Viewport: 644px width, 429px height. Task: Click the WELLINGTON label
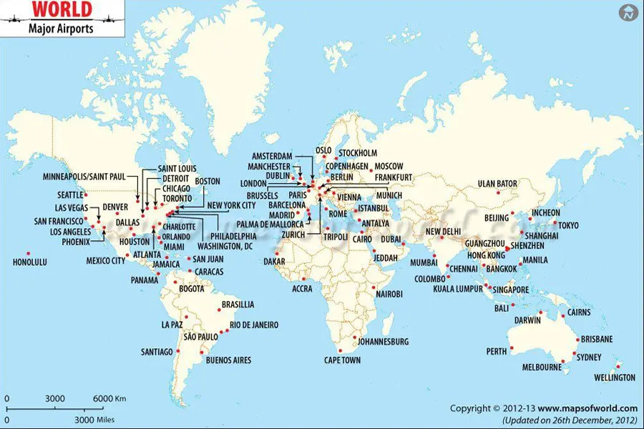[615, 377]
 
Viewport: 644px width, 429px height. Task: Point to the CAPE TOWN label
[342, 360]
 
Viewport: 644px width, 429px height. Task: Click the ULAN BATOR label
[497, 184]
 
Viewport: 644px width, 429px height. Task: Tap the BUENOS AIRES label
[228, 360]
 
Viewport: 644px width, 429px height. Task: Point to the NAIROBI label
[389, 294]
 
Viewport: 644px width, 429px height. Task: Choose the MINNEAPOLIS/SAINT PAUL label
[84, 176]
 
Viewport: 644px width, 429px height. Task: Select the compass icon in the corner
[628, 12]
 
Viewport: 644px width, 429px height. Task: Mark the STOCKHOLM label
[358, 153]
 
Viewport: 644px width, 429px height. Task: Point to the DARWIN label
[528, 320]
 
